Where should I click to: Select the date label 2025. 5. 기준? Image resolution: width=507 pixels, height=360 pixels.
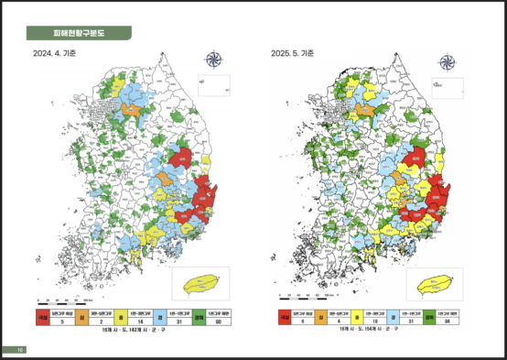(293, 54)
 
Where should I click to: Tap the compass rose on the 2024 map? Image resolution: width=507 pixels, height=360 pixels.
(215, 60)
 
